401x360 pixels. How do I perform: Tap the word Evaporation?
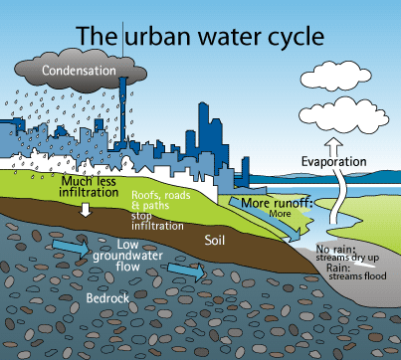[336, 161]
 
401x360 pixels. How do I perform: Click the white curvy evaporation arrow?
[335, 191]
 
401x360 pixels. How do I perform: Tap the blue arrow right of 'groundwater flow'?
[186, 269]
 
